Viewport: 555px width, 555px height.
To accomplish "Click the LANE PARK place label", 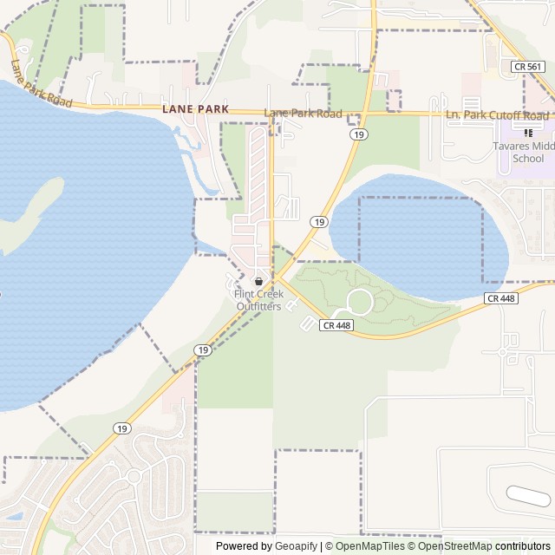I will pos(195,109).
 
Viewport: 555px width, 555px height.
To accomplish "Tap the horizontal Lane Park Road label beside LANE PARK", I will pos(303,114).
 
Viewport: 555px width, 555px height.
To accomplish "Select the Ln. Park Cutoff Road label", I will pos(496,115).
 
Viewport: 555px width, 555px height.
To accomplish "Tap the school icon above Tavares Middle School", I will pos(528,133).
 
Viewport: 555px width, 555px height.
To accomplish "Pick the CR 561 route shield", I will pos(528,66).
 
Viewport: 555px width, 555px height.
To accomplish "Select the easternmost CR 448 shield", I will pos(501,298).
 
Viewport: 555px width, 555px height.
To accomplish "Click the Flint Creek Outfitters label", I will pos(258,300).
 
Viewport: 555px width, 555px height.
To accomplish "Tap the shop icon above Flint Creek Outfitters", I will pos(258,282).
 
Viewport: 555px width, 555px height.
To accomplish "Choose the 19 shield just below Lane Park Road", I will pos(357,134).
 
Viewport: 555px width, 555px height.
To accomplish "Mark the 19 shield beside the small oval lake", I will pos(320,223).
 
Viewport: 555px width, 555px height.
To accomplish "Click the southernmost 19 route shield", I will pos(122,428).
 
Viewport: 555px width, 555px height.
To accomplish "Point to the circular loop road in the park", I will pos(359,303).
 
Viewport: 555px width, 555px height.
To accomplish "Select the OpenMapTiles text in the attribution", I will pos(370,546).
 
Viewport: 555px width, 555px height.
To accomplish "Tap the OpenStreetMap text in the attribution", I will pos(455,546).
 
